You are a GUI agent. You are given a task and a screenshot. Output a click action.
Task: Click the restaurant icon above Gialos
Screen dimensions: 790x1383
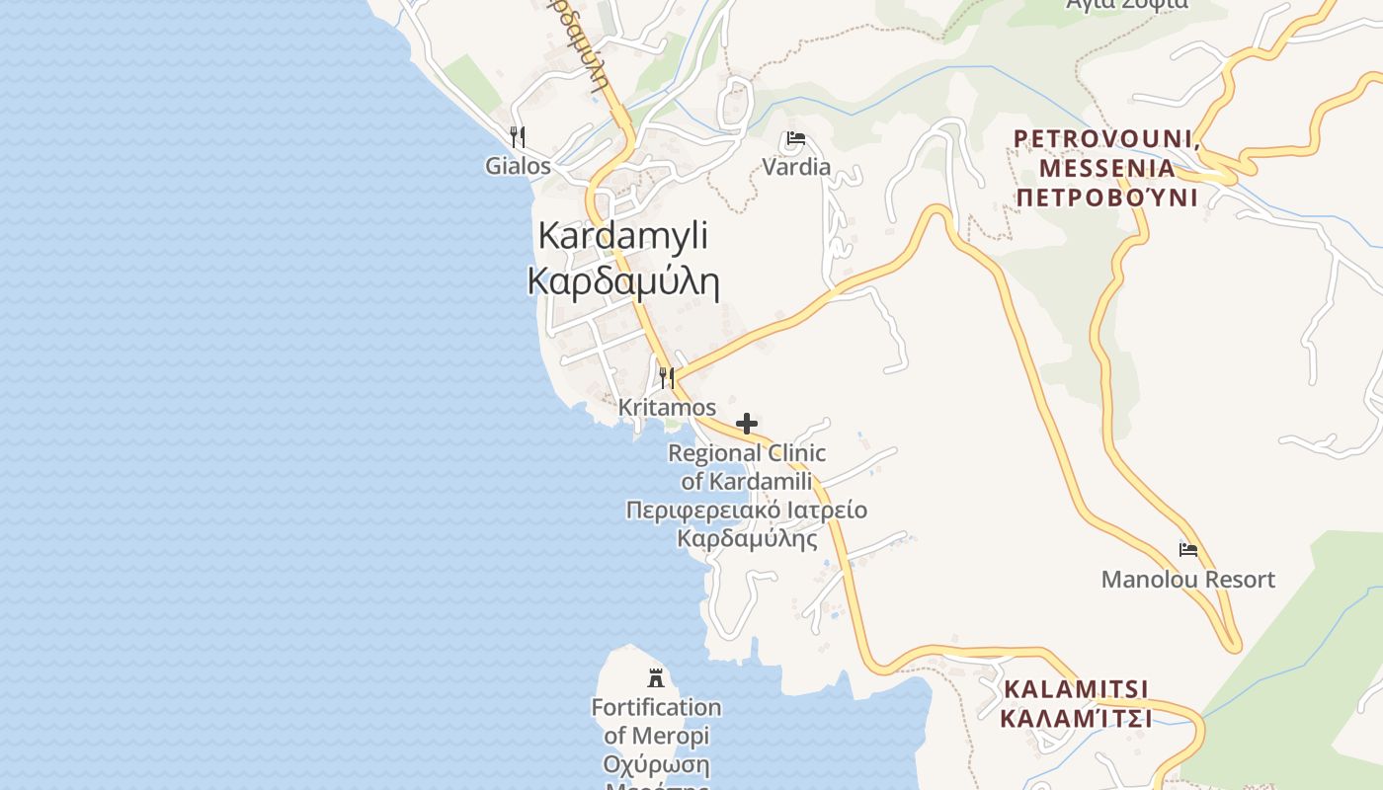518,136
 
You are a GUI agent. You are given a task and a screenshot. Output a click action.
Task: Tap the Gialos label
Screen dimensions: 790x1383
518,166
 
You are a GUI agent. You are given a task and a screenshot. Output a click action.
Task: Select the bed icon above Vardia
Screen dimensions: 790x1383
796,138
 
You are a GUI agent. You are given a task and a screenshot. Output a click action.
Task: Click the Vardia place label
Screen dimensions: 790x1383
796,167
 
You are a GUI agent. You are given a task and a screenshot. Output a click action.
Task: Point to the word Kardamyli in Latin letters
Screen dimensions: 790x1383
623,236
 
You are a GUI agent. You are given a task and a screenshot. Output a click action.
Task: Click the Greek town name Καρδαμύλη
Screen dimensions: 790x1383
623,281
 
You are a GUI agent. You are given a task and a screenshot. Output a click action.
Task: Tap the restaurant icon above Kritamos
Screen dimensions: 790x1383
667,377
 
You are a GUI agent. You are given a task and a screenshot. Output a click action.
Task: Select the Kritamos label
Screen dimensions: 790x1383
667,407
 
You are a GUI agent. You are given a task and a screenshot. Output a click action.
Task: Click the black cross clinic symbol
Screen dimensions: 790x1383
747,424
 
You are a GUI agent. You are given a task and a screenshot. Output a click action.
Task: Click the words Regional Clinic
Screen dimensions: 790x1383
747,453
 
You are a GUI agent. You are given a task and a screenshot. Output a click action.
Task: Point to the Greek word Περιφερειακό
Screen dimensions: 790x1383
702,511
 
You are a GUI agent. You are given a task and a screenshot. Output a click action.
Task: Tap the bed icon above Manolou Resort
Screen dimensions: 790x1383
1188,549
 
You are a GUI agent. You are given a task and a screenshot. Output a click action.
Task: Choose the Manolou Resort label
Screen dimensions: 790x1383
1188,580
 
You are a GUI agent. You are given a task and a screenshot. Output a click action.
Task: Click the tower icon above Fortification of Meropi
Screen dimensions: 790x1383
656,677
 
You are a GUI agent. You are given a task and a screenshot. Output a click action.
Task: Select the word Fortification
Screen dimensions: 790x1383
656,708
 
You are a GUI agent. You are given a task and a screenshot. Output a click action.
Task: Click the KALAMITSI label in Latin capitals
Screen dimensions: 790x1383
1076,688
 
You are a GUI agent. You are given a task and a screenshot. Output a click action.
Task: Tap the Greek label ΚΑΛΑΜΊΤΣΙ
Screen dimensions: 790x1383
1076,718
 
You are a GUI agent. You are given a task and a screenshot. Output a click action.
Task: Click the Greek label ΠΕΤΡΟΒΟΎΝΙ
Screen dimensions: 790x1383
1107,197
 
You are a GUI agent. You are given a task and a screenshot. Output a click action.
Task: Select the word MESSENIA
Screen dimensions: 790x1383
1107,168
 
